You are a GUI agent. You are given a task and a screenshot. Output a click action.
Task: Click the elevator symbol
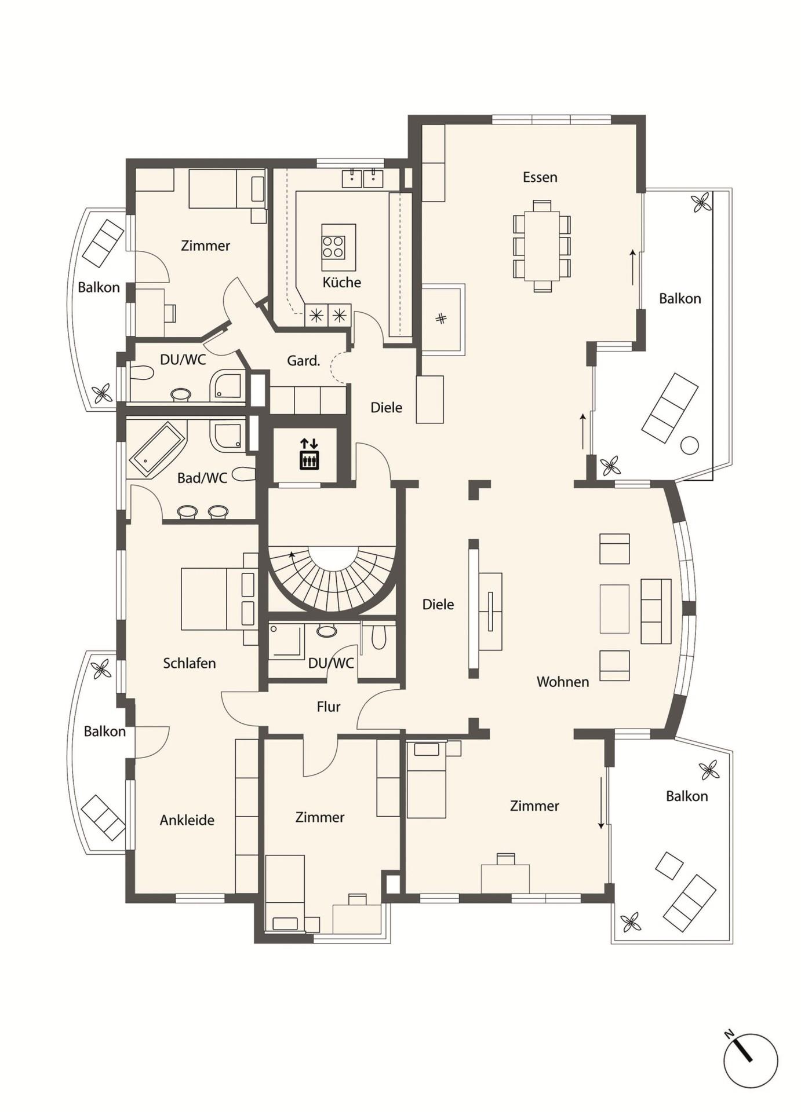tap(309, 453)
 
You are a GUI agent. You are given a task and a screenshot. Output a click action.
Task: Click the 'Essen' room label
tap(540, 177)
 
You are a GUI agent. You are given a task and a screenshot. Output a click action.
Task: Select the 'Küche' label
tap(342, 282)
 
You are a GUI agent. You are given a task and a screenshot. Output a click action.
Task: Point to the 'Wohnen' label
tap(563, 682)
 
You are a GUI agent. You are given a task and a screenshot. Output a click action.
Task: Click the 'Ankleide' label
tap(187, 820)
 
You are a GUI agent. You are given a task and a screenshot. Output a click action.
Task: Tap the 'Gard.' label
tap(304, 361)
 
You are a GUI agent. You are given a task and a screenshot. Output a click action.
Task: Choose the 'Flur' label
tap(329, 707)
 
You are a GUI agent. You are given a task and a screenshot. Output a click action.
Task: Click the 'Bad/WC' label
tap(202, 478)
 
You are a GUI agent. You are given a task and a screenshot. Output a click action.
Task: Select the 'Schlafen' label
tap(190, 663)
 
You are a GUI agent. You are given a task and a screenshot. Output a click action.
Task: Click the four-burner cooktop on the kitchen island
tap(333, 247)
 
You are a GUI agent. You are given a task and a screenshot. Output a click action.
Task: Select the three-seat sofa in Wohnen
tap(656, 611)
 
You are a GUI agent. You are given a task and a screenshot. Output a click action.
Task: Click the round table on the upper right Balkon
tap(690, 446)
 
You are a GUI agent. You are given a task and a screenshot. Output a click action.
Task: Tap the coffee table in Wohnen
tap(614, 609)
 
